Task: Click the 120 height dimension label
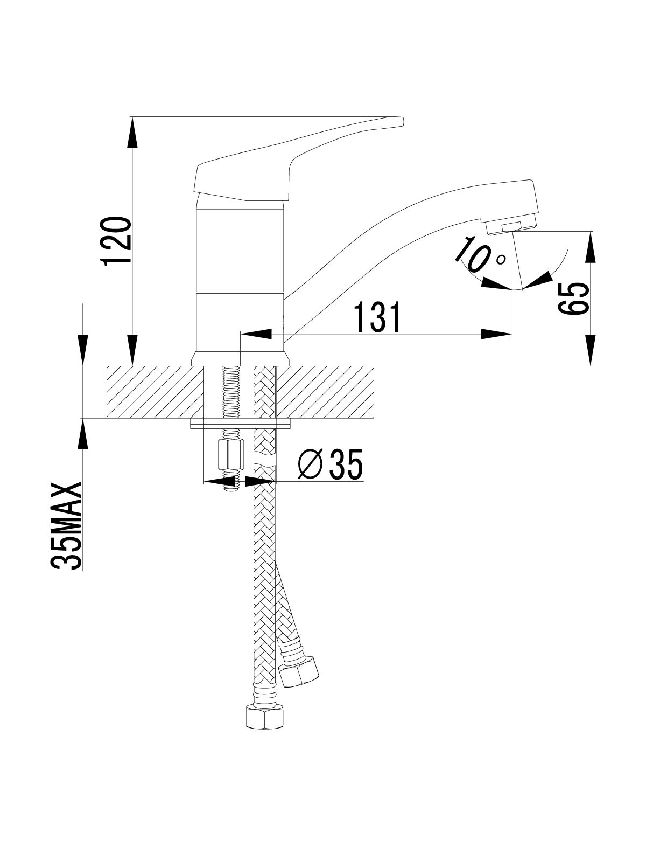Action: tap(116, 240)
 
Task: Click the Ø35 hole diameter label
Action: tap(331, 464)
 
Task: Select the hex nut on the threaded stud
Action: tap(230, 455)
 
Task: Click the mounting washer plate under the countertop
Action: tap(241, 425)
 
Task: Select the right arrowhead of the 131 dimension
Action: tap(497, 334)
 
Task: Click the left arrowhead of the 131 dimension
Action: tap(256, 334)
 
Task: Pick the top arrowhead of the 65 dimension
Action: tap(593, 247)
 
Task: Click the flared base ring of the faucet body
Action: tap(240, 358)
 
